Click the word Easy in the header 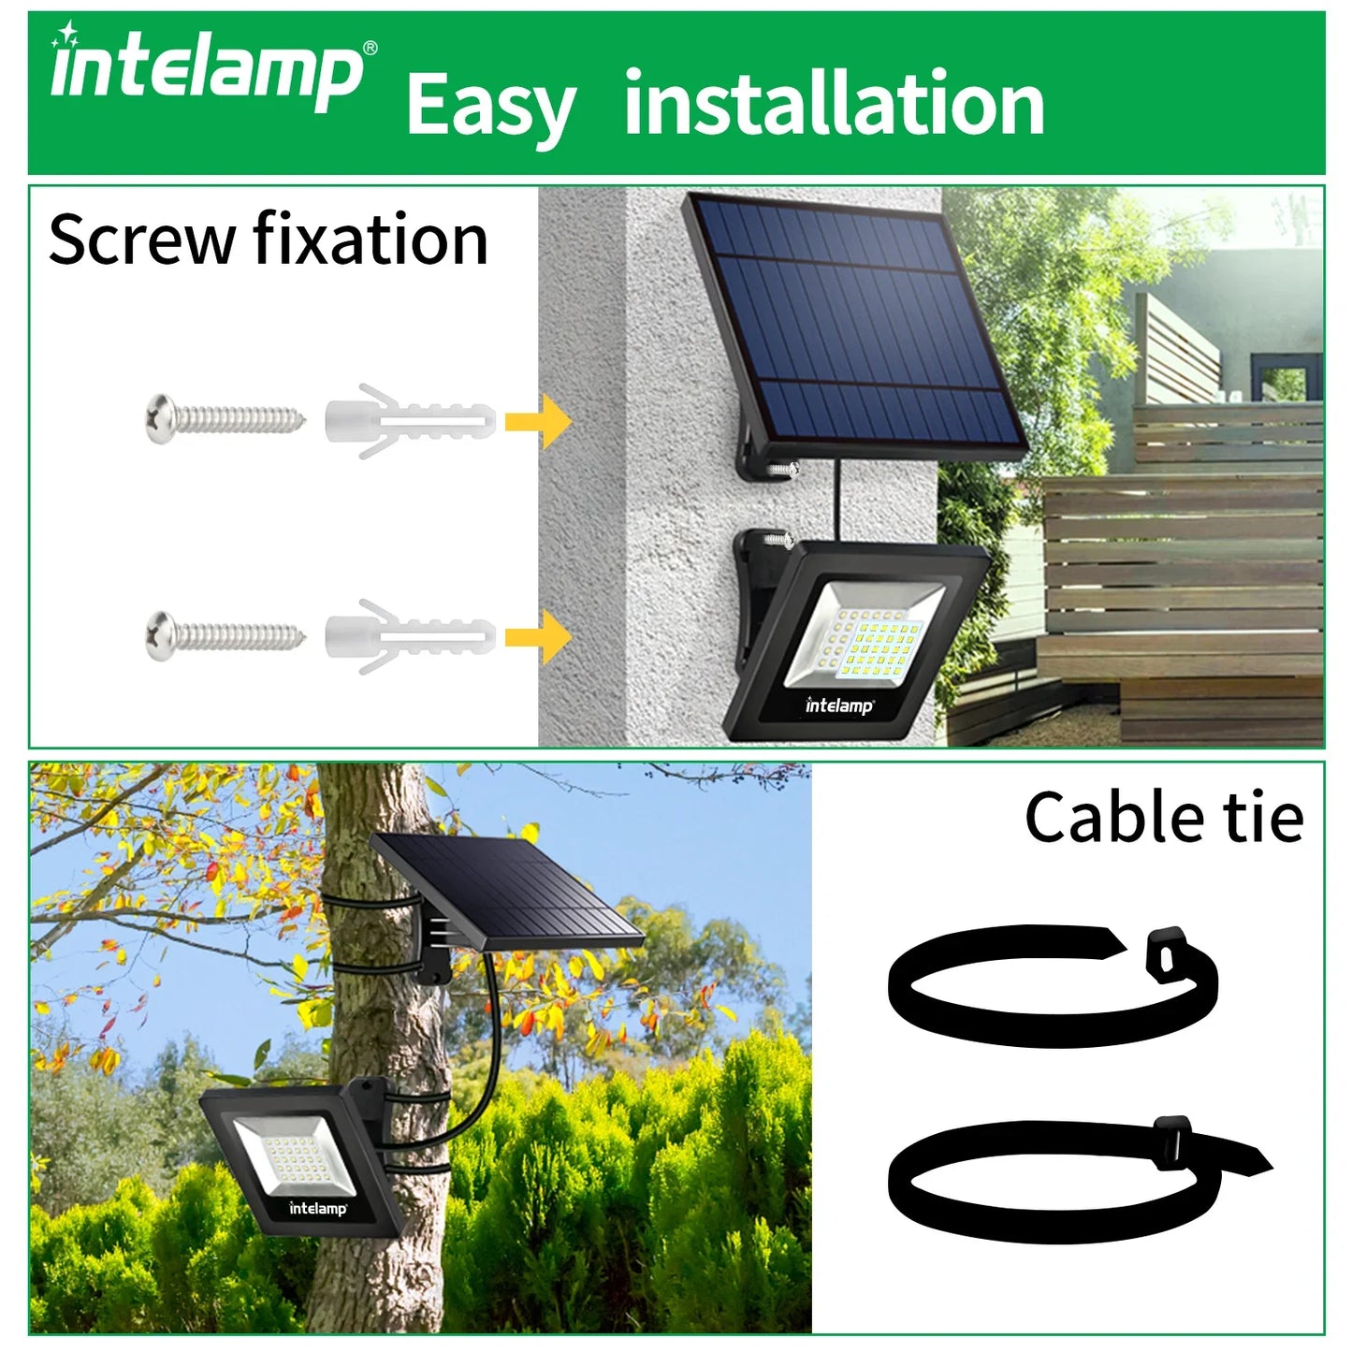click(x=490, y=107)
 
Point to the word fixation click(x=371, y=240)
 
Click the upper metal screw click(x=225, y=417)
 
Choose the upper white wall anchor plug click(x=409, y=421)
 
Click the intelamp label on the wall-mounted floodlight click(x=839, y=706)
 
